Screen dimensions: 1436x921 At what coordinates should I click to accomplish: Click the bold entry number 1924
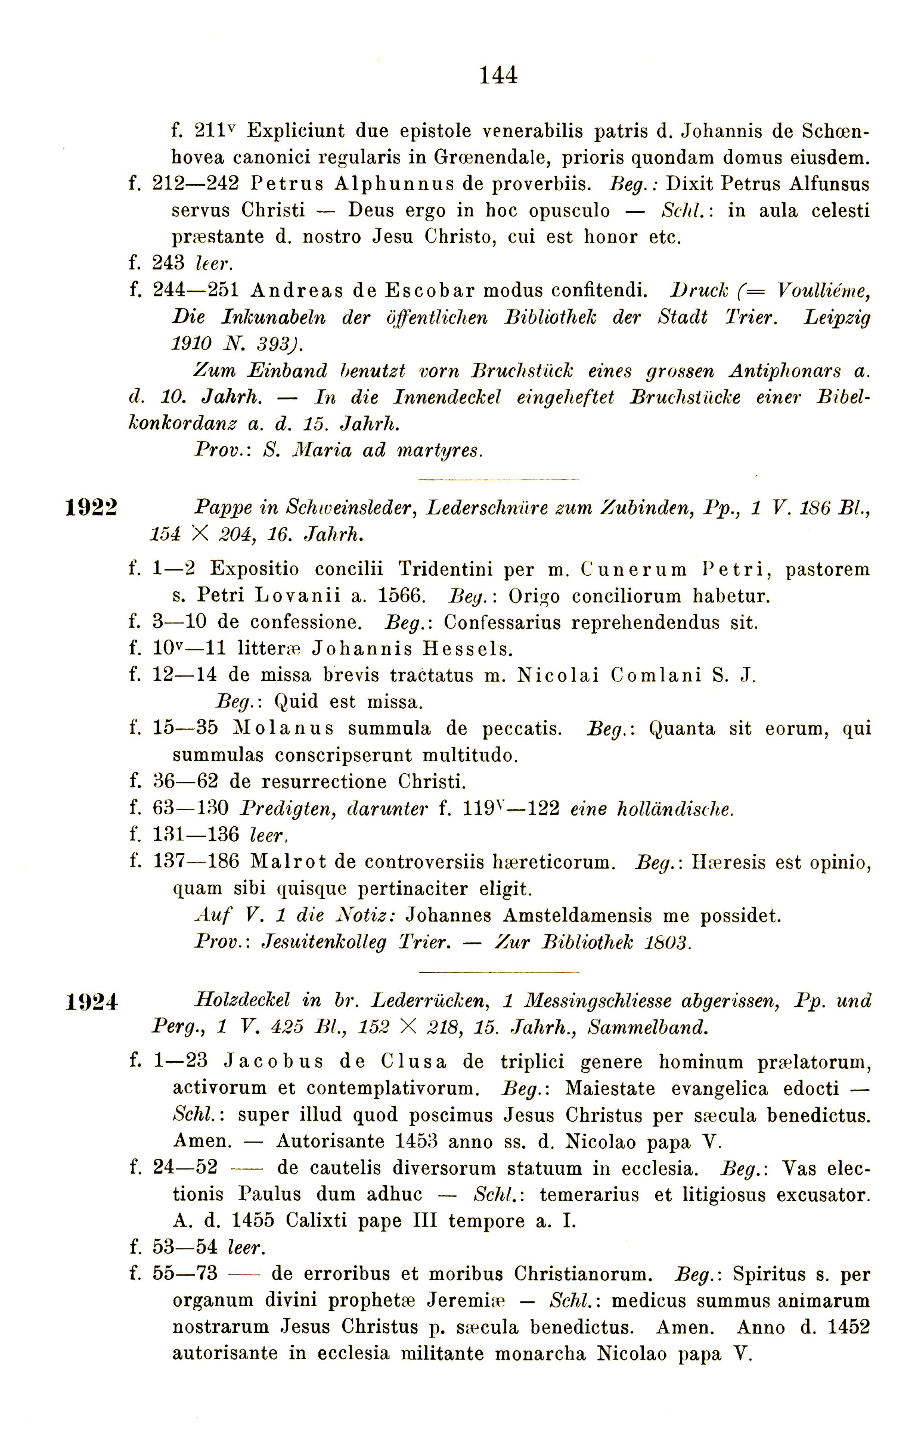(x=92, y=1002)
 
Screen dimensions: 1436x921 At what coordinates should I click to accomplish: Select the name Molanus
(x=282, y=729)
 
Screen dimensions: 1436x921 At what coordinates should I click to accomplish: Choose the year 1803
(x=668, y=943)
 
